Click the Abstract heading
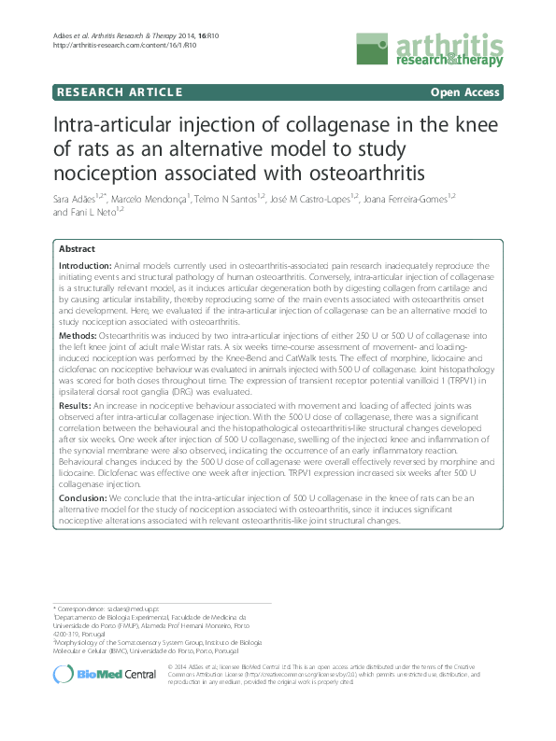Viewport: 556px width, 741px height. [x=77, y=250]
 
